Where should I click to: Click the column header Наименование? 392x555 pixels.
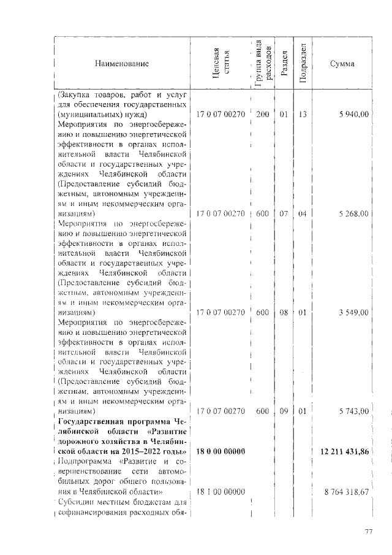121,63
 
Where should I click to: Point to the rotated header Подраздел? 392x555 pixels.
303,64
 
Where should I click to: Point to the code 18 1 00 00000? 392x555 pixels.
220,492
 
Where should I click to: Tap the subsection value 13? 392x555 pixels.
303,115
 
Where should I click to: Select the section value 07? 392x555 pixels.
284,213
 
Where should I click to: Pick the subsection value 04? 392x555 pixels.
303,213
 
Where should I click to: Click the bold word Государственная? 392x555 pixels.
88,422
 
